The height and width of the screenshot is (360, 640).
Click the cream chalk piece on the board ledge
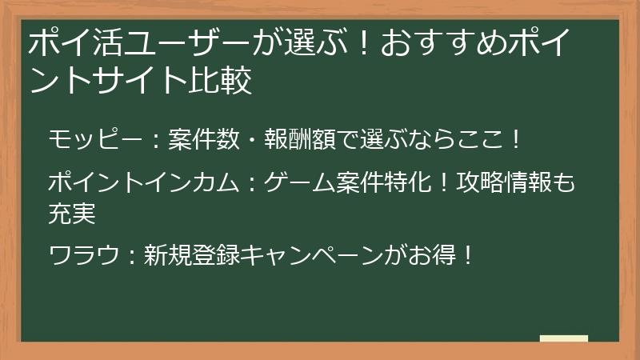[563, 338]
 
